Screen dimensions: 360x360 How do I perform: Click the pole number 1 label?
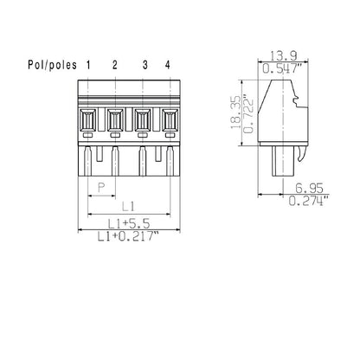tap(90, 66)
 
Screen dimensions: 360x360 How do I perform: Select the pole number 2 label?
tap(115, 66)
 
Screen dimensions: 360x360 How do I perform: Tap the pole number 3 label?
tap(145, 66)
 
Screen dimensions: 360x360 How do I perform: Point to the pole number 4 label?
tap(167, 66)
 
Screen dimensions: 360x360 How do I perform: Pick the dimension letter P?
tap(101, 187)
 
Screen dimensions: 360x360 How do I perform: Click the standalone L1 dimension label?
tap(127, 205)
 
